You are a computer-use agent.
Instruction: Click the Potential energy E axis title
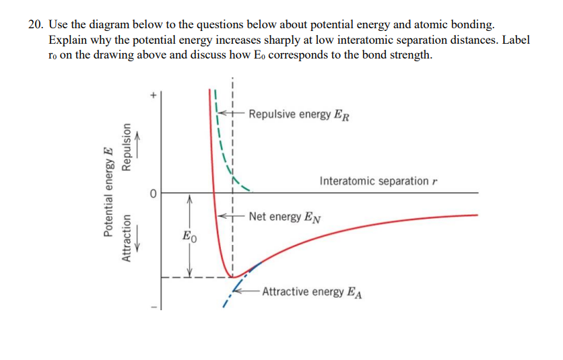click(107, 193)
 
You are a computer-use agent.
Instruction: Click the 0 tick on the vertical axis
click(154, 194)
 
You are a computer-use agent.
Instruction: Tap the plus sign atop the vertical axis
click(154, 96)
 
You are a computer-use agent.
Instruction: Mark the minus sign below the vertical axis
click(154, 308)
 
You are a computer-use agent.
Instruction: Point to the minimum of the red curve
click(232, 277)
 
